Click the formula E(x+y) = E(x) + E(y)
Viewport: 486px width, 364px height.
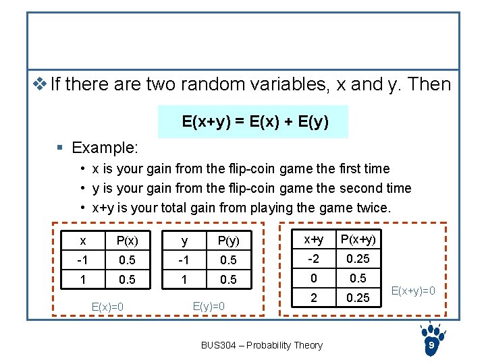pyautogui.click(x=255, y=122)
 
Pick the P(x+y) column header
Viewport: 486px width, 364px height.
pyautogui.click(x=358, y=239)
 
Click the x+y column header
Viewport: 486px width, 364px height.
pyautogui.click(x=313, y=239)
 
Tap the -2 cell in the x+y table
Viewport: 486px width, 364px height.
pyautogui.click(x=313, y=258)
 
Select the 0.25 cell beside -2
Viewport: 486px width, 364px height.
pyautogui.click(x=358, y=258)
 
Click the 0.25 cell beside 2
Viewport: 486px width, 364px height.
pyautogui.click(x=358, y=297)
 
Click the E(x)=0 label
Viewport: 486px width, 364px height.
pyautogui.click(x=107, y=307)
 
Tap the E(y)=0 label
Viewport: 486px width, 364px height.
pyautogui.click(x=209, y=306)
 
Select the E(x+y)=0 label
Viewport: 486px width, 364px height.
pyautogui.click(x=412, y=291)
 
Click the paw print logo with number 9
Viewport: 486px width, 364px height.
pyautogui.click(x=431, y=340)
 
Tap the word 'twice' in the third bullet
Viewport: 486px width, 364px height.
pyautogui.click(x=373, y=208)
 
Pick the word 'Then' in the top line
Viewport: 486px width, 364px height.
pyautogui.click(x=429, y=84)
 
